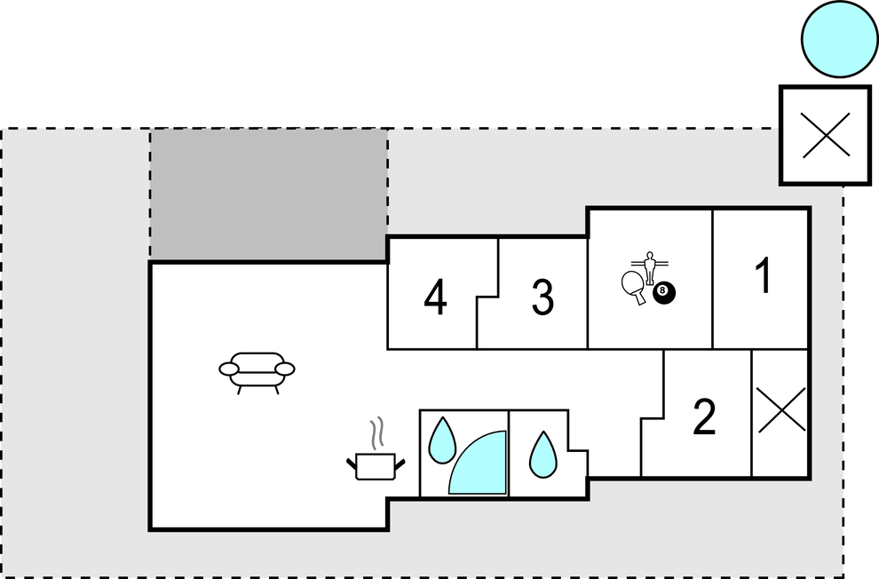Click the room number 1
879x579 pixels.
(x=764, y=275)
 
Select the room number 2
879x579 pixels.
(x=705, y=416)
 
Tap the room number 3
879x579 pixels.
(x=542, y=297)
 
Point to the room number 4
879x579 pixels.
(x=436, y=297)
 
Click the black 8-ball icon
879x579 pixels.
(x=664, y=292)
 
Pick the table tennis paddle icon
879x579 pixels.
(x=634, y=287)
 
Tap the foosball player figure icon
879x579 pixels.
(x=650, y=268)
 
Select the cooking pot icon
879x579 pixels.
(x=376, y=466)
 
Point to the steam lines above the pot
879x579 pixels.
(x=379, y=432)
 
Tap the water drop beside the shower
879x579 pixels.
(x=442, y=440)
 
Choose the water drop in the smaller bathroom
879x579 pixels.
(x=543, y=454)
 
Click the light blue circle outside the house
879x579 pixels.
(x=839, y=38)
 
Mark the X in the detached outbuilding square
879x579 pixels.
(x=827, y=135)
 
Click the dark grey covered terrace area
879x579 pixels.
(x=268, y=194)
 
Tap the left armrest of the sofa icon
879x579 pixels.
(x=229, y=369)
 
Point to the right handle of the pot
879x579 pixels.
(x=400, y=464)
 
